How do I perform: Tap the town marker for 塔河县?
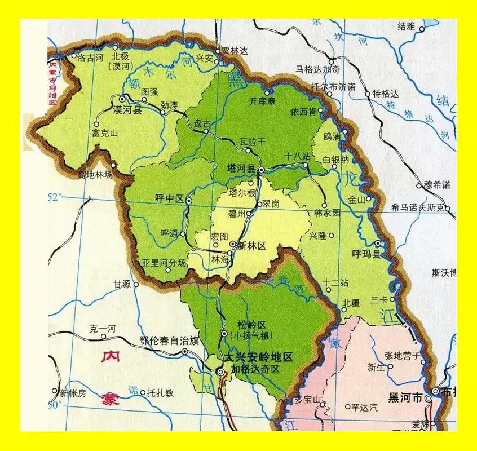click(262, 169)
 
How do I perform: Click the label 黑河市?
click(405, 398)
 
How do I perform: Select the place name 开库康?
click(262, 101)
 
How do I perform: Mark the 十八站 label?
click(298, 156)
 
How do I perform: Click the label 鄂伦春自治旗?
click(169, 341)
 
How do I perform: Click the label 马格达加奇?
click(318, 69)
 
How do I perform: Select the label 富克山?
click(104, 133)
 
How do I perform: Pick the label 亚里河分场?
click(164, 262)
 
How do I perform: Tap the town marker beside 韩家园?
click(324, 205)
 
